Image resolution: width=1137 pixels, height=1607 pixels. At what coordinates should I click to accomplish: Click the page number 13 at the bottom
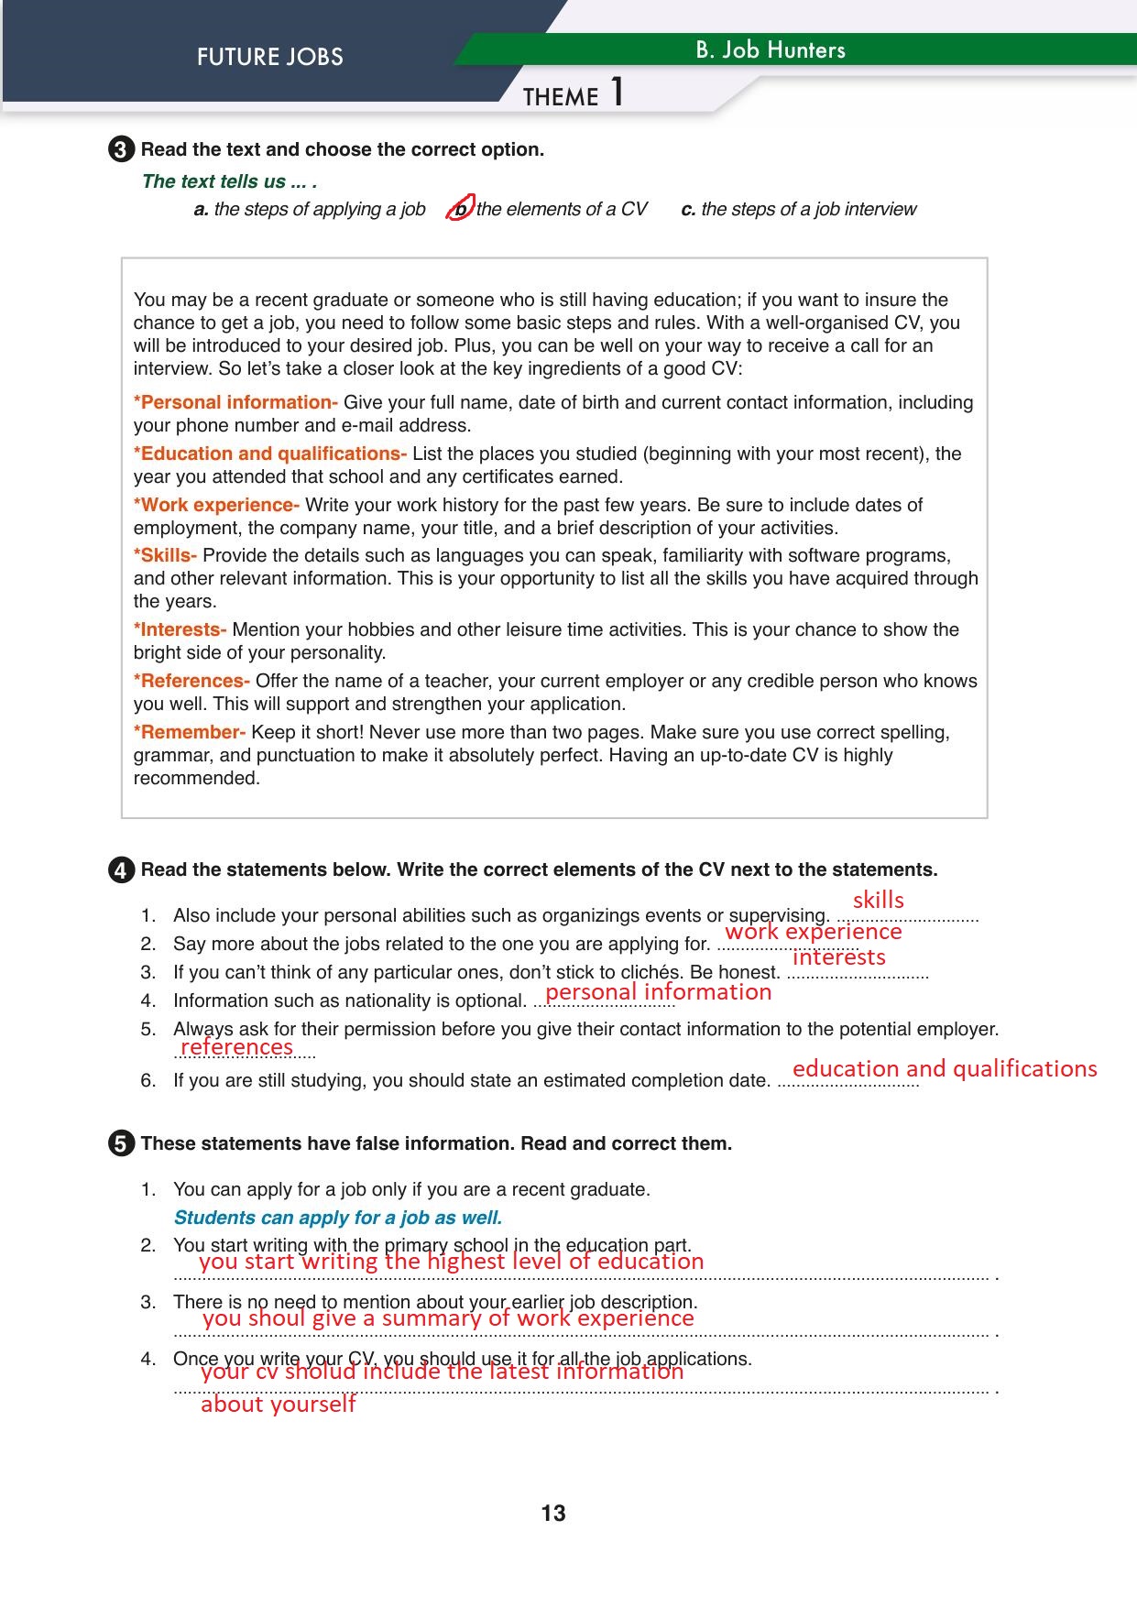pos(553,1513)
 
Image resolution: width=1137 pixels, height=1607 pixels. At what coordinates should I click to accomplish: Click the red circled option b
pos(461,208)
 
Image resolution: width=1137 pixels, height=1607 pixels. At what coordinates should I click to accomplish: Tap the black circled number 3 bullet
pos(121,150)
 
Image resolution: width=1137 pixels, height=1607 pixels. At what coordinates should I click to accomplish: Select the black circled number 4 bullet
pos(121,870)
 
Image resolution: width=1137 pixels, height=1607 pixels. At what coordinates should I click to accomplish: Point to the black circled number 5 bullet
pos(121,1144)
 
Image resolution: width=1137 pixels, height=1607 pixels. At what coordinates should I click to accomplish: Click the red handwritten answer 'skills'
pos(878,900)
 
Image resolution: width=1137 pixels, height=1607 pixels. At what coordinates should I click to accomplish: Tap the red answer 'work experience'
pos(813,932)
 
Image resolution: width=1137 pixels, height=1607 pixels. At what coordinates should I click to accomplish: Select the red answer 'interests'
pos(838,957)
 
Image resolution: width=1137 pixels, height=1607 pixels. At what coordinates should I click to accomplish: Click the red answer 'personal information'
pos(658,992)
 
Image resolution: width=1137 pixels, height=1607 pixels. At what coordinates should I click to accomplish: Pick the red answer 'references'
pos(236,1047)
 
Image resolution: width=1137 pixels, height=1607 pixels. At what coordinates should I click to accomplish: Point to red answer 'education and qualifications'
pos(944,1069)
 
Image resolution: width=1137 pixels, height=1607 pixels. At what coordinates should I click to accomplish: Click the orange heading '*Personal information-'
pos(235,402)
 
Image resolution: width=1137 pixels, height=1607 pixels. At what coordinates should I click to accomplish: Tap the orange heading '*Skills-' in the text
pos(165,555)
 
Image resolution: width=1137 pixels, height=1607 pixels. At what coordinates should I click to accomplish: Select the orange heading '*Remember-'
pos(190,732)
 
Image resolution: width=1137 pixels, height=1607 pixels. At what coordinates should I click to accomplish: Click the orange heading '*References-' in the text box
pos(191,681)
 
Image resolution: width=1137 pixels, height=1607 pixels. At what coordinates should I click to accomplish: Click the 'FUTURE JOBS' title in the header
pos(269,57)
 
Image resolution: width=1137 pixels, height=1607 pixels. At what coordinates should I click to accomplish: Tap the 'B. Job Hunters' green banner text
pos(770,50)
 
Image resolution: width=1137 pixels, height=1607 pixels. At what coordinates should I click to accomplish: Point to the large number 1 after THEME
pos(617,93)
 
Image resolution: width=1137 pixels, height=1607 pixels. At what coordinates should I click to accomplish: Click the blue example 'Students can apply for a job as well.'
pos(337,1218)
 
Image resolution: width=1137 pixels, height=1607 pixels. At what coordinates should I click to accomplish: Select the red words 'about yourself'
pos(278,1405)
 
